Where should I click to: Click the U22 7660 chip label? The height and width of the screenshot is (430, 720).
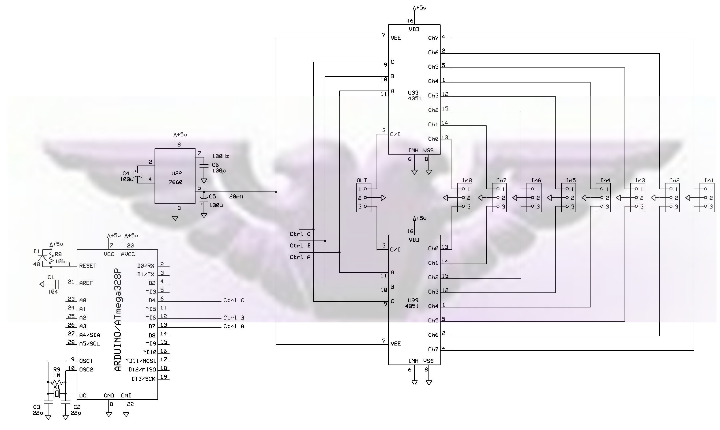tap(176, 178)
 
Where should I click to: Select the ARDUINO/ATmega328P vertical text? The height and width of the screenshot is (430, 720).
tap(118, 320)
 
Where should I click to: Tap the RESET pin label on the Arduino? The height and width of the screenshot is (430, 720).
tap(88, 266)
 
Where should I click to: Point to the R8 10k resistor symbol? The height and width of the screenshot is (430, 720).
tap(51, 258)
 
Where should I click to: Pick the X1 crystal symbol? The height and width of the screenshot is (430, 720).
tap(57, 393)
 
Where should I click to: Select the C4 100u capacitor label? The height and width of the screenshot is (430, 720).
tap(127, 176)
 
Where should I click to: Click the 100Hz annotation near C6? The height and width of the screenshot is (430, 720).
tap(221, 156)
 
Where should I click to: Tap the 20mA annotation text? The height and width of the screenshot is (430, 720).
tap(236, 197)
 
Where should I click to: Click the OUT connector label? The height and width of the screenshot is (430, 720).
tap(362, 180)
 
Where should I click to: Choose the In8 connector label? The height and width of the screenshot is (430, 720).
tap(467, 180)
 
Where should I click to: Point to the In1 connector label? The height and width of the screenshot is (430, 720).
tap(709, 180)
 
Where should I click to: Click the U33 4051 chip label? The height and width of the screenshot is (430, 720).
tap(414, 96)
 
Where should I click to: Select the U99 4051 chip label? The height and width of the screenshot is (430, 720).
tap(412, 303)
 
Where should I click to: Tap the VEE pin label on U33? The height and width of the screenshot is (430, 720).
tap(396, 38)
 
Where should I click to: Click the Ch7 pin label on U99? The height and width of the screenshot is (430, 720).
tap(433, 350)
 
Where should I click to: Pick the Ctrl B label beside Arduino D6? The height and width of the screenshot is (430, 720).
tap(234, 318)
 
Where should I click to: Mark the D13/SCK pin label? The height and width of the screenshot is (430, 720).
tap(143, 379)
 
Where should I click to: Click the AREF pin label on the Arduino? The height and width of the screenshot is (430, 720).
tap(86, 283)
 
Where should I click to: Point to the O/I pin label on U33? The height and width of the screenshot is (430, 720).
tap(395, 134)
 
